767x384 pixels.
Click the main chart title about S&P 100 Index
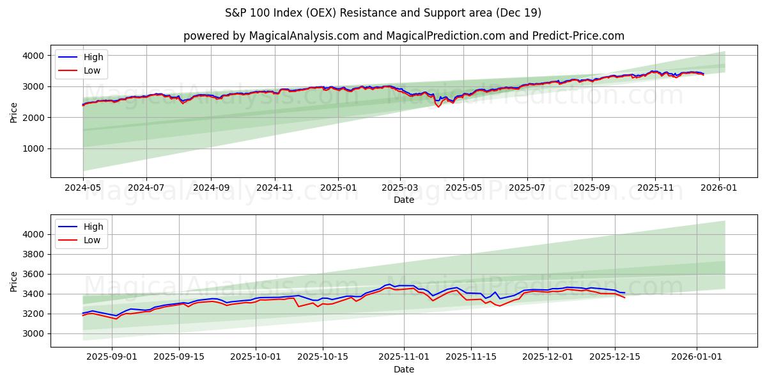pyautogui.click(x=383, y=13)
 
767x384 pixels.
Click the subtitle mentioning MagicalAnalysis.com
pyautogui.click(x=403, y=36)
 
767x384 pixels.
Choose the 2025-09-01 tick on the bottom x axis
pyautogui.click(x=112, y=356)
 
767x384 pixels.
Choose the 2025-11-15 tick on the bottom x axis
pyautogui.click(x=471, y=356)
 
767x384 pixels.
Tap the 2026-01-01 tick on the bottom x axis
pyautogui.click(x=696, y=356)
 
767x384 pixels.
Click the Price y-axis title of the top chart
pyautogui.click(x=14, y=112)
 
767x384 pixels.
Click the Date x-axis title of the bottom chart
pyautogui.click(x=403, y=369)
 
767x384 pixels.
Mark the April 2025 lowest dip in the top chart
pyautogui.click(x=438, y=106)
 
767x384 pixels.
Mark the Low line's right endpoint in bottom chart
pyautogui.click(x=624, y=298)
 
